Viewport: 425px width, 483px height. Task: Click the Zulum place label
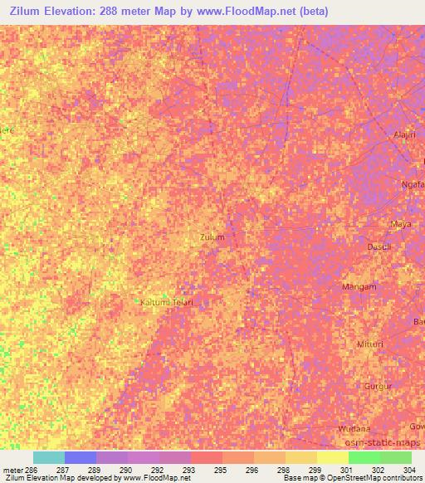pyautogui.click(x=212, y=237)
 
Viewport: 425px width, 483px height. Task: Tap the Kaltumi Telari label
pyautogui.click(x=166, y=303)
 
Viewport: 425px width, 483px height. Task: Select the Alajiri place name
pyautogui.click(x=403, y=134)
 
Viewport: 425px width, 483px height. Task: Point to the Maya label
pyautogui.click(x=401, y=224)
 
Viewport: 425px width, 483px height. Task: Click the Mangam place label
pyautogui.click(x=359, y=287)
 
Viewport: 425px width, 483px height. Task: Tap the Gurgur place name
pyautogui.click(x=377, y=387)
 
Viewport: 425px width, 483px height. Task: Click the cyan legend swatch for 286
pyautogui.click(x=48, y=457)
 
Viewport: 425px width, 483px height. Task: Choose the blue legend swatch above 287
pyautogui.click(x=80, y=457)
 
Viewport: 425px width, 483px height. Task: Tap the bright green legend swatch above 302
pyautogui.click(x=364, y=457)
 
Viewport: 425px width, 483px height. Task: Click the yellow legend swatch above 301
pyautogui.click(x=332, y=457)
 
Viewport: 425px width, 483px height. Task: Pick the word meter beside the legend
pyautogui.click(x=13, y=469)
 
